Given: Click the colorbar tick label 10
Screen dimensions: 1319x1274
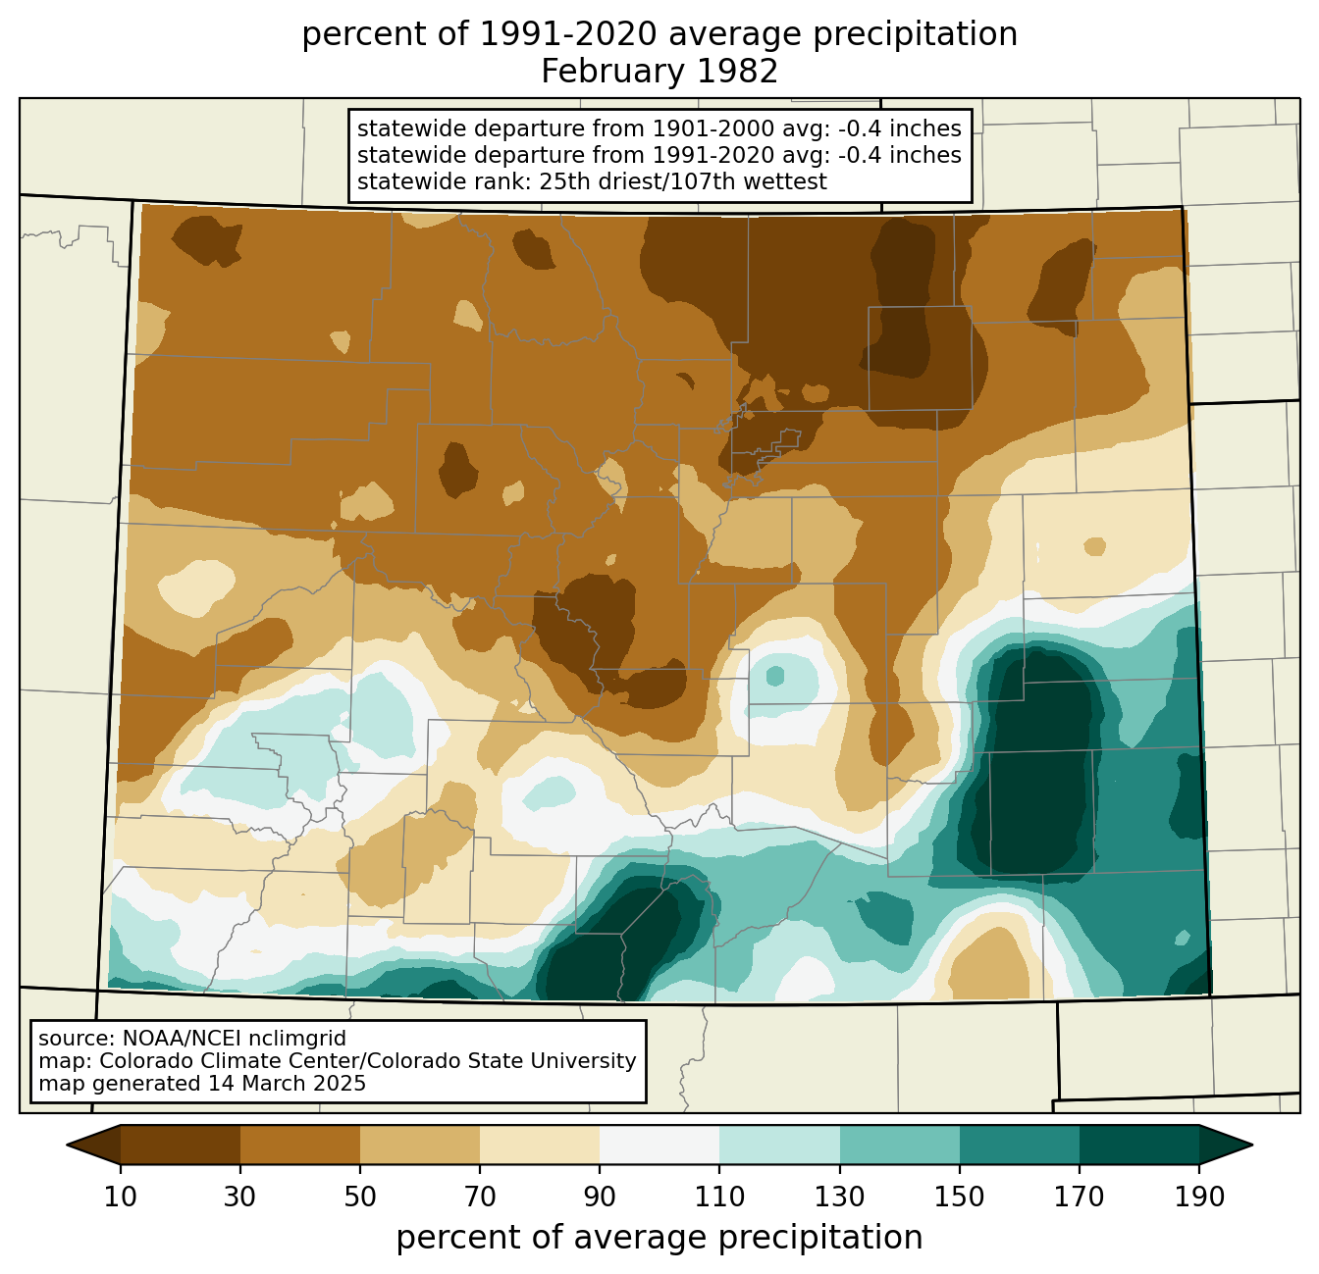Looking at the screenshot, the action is coord(120,1198).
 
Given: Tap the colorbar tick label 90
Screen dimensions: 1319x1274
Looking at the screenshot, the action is coord(600,1198).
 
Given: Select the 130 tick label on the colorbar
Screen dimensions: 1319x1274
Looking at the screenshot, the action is coord(839,1198).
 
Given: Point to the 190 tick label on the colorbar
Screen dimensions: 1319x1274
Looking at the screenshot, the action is coord(1198,1198).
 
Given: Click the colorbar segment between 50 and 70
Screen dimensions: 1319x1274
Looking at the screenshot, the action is coord(420,1145).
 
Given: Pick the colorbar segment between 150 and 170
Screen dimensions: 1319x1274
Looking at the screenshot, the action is coord(1019,1145).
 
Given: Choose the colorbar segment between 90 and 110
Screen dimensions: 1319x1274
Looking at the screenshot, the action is coord(659,1145).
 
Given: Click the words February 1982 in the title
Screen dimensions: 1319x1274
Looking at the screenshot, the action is coord(659,72).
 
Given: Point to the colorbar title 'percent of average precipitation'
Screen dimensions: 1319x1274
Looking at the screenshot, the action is coord(659,1238).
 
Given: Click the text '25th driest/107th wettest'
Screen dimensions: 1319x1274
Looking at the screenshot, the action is coord(683,181).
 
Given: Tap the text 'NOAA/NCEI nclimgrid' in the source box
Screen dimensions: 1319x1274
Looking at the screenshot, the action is coord(234,1039).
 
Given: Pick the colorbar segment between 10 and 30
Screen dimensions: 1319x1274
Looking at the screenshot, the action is coord(181,1145).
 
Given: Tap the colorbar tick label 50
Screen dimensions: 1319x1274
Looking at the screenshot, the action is coord(360,1198).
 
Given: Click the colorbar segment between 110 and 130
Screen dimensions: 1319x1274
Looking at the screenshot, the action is coord(779,1145).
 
